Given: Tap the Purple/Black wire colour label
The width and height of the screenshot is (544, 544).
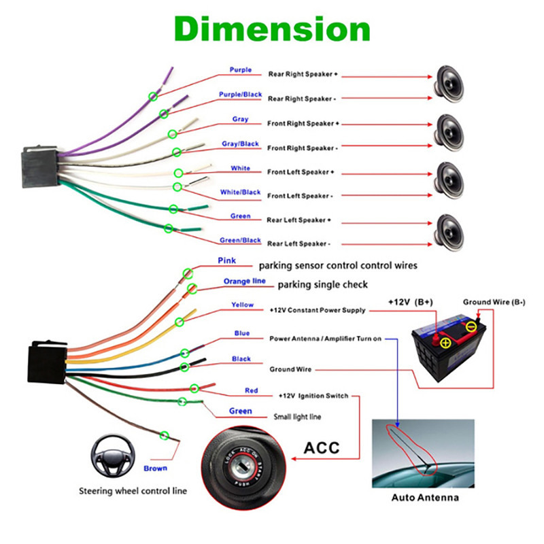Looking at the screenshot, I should click(x=240, y=95).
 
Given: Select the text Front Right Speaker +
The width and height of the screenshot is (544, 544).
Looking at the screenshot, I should click(x=303, y=124).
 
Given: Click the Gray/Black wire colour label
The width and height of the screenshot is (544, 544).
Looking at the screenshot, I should click(x=240, y=144).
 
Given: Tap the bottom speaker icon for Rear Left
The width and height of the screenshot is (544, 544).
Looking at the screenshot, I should click(x=449, y=228).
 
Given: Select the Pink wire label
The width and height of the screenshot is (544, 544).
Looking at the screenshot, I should click(x=226, y=260).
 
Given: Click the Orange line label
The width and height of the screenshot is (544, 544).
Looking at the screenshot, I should click(x=245, y=282).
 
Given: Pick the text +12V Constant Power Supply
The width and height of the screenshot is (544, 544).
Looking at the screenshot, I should click(x=317, y=310).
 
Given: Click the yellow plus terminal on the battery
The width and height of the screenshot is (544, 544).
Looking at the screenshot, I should click(x=445, y=343).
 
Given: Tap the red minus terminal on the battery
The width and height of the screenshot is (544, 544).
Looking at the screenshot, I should click(x=471, y=327).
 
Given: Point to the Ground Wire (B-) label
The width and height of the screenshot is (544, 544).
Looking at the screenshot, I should click(x=494, y=302).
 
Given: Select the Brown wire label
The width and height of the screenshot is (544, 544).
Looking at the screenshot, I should click(x=155, y=468).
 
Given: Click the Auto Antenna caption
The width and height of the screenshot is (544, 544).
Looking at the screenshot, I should click(x=425, y=497).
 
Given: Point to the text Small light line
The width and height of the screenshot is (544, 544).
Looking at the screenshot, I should click(x=297, y=417).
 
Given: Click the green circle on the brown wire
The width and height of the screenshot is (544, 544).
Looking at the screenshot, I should click(x=163, y=435).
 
